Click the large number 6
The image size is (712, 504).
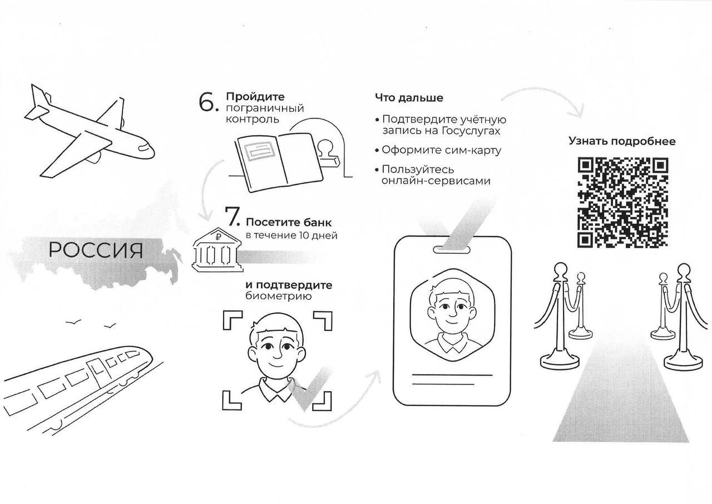tap(206, 102)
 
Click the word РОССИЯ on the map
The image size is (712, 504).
tap(96, 250)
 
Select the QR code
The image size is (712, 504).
tap(622, 202)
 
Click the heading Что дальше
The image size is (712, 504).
tap(409, 97)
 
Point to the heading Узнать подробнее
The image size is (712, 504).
tap(622, 141)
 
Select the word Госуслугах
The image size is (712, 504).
tap(471, 131)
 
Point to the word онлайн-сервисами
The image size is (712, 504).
tap(436, 181)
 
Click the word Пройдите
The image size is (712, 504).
tap(255, 97)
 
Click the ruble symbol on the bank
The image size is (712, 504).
tap(218, 236)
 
